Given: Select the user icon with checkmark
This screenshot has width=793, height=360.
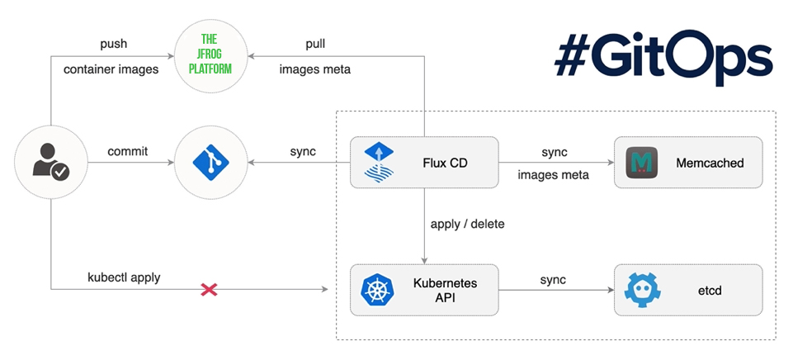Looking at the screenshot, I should click(x=50, y=162).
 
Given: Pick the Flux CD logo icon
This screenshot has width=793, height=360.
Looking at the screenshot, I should click(x=380, y=162).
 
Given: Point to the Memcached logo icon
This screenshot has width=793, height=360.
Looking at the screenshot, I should click(x=640, y=163).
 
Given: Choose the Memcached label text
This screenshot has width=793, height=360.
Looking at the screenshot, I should click(x=710, y=163).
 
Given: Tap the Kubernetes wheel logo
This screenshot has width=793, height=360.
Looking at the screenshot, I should click(x=377, y=290).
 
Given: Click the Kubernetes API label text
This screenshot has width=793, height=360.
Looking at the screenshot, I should click(x=445, y=290).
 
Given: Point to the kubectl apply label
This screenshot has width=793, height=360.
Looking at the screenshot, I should click(x=124, y=277).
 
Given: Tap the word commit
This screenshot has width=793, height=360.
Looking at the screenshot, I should click(x=127, y=152).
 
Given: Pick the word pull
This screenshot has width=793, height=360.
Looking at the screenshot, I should click(x=315, y=43).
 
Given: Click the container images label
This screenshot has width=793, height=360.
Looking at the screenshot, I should click(x=111, y=69).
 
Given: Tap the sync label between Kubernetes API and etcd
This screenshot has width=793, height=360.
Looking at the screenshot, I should click(x=554, y=279).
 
